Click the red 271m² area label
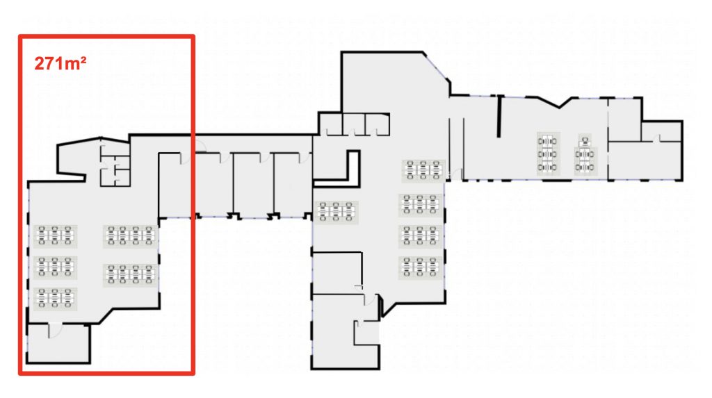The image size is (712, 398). point(60,63)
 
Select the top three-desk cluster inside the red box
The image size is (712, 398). point(55,236)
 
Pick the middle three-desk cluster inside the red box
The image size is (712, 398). point(55,267)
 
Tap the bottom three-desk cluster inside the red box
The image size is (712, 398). point(55,299)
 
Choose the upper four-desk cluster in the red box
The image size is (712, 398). point(130,236)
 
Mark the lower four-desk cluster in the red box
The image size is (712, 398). point(130,274)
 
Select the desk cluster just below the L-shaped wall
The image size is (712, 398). point(336,212)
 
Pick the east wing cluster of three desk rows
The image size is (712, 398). point(548,154)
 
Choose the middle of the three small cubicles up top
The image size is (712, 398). point(354,124)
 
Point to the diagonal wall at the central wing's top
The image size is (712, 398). point(437,66)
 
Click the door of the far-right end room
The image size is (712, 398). point(656,138)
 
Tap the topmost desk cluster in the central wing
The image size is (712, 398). point(423,171)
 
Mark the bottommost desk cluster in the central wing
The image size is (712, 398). point(420,267)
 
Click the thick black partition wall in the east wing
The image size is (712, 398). point(499,116)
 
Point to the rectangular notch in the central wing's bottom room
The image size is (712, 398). point(366,333)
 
